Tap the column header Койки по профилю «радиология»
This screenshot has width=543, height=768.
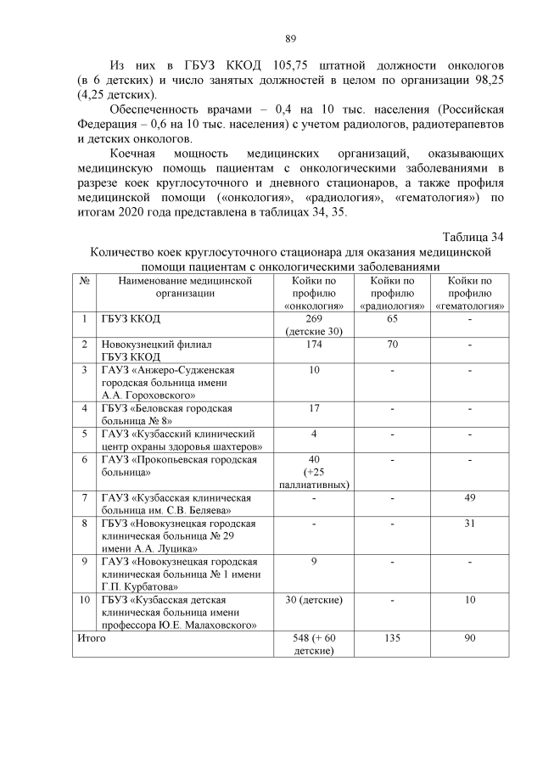coord(393,293)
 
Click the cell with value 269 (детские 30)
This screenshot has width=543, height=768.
coord(314,325)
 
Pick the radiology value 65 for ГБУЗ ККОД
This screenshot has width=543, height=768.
coord(393,319)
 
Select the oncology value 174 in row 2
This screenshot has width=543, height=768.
coord(314,345)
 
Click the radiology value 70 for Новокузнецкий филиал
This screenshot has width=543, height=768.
coord(393,345)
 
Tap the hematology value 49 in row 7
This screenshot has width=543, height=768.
coord(470,497)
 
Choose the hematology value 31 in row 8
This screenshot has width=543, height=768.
coord(470,524)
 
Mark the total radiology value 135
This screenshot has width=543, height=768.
coord(393,638)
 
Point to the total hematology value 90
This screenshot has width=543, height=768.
coord(470,638)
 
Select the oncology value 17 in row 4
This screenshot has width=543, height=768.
coord(314,408)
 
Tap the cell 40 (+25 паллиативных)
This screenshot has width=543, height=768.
coord(314,472)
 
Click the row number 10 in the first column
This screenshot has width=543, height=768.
coord(85,600)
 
